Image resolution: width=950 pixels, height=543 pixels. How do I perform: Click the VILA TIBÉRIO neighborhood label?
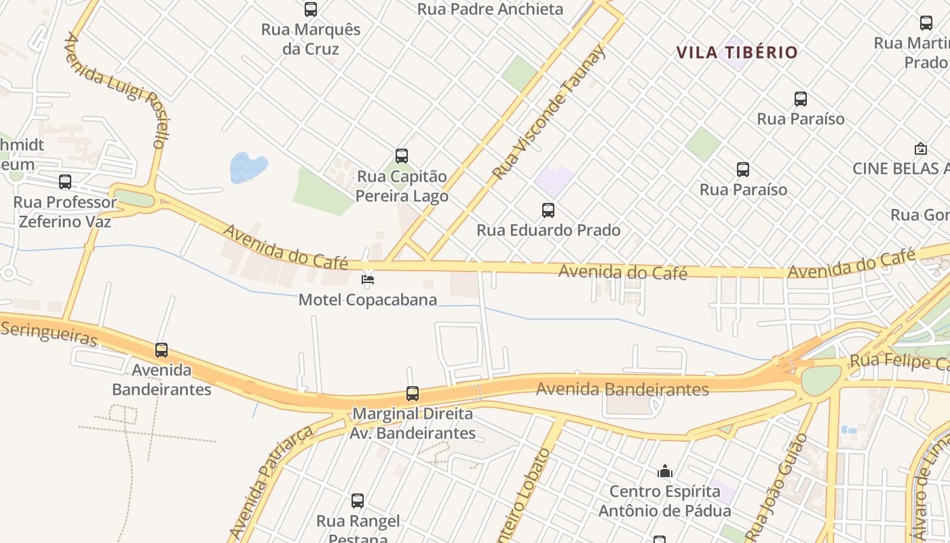737,52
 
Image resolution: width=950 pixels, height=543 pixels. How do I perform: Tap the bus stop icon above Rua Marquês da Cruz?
311,10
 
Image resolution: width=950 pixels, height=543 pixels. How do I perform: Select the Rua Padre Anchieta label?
490,9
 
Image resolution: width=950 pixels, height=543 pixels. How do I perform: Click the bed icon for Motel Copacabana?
368,279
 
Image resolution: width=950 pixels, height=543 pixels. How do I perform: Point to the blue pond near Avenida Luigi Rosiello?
248,168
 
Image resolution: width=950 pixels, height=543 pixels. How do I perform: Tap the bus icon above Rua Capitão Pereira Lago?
402,156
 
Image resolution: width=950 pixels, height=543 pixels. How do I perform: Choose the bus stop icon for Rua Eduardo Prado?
548,210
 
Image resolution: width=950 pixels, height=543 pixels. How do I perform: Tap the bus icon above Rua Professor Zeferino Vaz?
65,182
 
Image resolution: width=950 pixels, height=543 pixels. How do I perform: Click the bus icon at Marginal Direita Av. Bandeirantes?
413,394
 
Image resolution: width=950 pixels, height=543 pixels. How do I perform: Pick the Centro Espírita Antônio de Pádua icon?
665,471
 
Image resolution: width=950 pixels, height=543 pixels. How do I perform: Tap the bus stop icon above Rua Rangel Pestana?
358,501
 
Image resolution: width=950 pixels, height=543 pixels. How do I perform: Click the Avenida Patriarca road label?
271,482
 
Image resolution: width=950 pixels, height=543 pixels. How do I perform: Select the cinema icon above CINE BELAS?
921,149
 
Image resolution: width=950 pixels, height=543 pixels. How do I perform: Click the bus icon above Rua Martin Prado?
926,23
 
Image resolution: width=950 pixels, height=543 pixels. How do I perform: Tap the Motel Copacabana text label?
368,299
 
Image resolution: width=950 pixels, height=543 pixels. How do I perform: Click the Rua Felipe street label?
899,362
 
